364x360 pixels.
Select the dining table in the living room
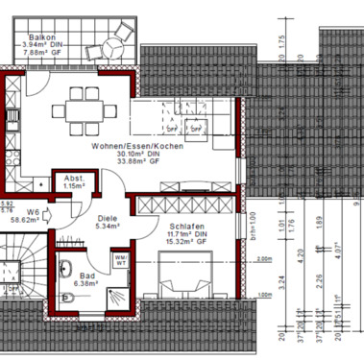86,108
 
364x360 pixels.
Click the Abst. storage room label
72,178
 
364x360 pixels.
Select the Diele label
108,218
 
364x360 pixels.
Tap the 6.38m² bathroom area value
87,284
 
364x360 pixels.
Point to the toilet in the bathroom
68,297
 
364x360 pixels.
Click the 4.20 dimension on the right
301,256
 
